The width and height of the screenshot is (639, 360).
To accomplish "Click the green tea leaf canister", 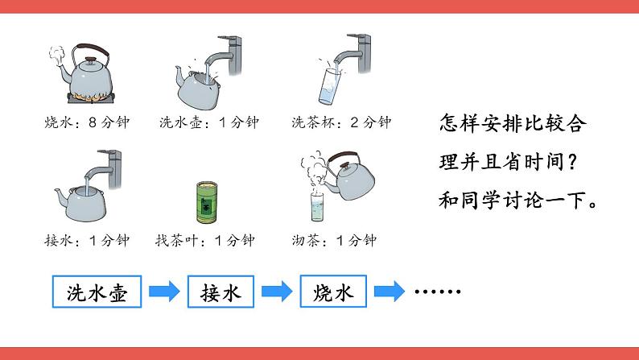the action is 207,203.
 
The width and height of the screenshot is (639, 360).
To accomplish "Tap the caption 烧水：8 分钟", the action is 87,122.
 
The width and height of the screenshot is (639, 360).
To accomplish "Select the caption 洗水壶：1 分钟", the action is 209,122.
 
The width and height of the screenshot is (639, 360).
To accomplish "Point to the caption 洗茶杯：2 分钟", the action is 341,122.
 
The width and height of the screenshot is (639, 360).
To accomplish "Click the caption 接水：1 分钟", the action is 87,240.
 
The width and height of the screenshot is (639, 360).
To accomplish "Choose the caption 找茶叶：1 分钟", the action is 205,240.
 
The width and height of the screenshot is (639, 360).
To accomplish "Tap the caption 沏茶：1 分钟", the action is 334,240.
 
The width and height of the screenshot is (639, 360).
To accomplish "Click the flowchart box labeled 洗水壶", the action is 97,292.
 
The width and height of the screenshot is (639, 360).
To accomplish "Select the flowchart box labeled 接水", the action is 221,292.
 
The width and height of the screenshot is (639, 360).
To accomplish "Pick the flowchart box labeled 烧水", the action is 333,292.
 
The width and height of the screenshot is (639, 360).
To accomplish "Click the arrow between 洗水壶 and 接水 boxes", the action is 164,292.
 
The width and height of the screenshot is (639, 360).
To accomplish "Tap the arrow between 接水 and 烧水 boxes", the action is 277,292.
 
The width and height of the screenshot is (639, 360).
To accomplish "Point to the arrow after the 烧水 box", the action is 390,292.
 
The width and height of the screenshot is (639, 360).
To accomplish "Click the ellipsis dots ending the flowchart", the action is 438,291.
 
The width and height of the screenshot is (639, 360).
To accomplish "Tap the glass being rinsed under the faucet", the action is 329,86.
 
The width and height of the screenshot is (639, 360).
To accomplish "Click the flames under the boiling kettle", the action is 91,97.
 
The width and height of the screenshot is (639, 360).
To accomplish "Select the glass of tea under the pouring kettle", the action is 317,207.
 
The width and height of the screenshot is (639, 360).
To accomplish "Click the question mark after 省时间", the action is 572,162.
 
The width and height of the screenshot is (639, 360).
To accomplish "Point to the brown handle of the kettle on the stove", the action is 93,50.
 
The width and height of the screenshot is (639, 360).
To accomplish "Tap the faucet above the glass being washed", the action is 355,53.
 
